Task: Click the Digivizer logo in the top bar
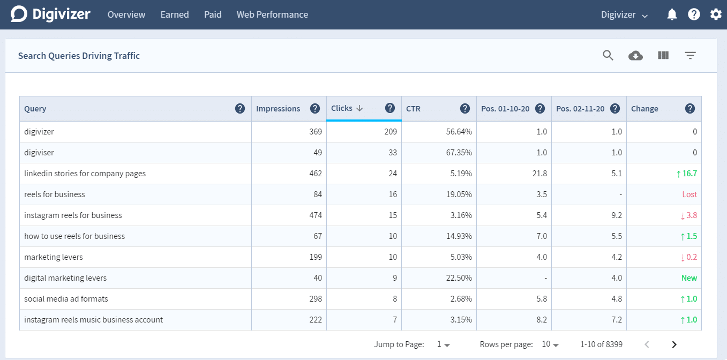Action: click(x=50, y=14)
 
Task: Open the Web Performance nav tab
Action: click(x=272, y=14)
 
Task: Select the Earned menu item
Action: click(x=174, y=14)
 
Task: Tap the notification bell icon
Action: click(x=672, y=14)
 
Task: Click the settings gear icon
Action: click(x=716, y=14)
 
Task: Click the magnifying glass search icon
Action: click(x=608, y=55)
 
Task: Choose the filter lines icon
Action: click(x=690, y=55)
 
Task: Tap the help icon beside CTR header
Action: click(x=465, y=109)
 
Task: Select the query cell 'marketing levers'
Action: click(x=54, y=257)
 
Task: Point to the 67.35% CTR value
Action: click(x=459, y=153)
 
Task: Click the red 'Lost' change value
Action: click(x=689, y=194)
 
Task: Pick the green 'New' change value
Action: click(x=689, y=278)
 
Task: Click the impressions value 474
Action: click(x=316, y=215)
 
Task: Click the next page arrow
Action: click(x=674, y=344)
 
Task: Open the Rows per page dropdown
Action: click(x=550, y=344)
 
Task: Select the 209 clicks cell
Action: click(x=390, y=132)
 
